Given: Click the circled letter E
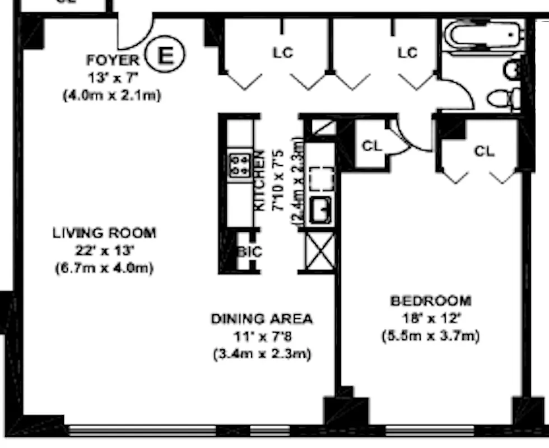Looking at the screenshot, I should [164, 55].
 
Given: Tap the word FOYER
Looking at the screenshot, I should [112, 60].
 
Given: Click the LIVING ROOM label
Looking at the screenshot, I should [104, 232].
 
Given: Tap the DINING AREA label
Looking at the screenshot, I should [262, 319].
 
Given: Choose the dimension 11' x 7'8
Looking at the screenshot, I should [262, 337].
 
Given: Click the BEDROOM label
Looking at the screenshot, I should [430, 301].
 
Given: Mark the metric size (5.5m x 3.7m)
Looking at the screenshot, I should [430, 337].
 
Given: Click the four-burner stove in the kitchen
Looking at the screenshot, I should [240, 165].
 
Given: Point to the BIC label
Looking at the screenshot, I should [249, 252].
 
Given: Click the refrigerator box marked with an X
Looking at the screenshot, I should [320, 250].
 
